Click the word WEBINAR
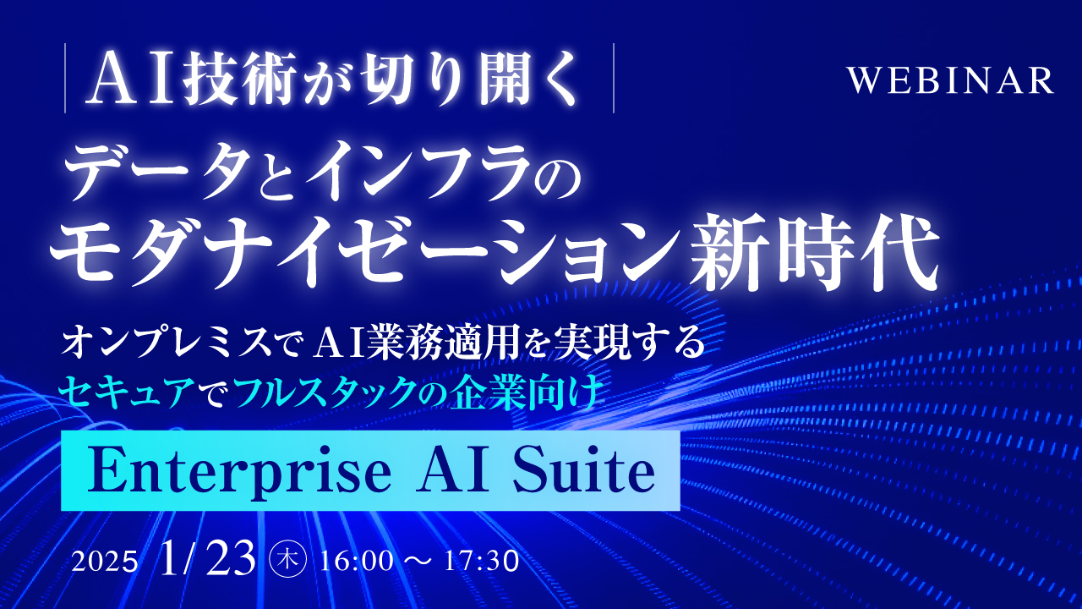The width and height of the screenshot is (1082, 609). coord(951,80)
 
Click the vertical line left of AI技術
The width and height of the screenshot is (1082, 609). coord(65,83)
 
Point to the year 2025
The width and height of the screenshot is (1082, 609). coord(106,562)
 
